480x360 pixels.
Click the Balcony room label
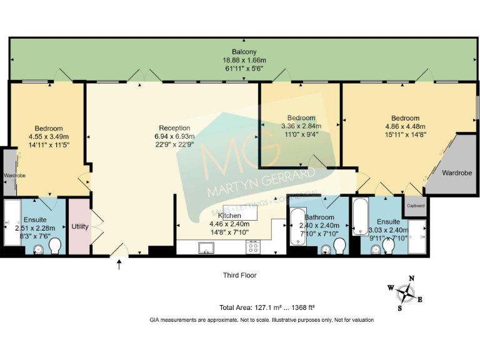tap(244, 51)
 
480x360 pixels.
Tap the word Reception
tap(174, 128)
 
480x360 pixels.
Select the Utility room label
tap(80, 226)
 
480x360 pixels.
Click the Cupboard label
tap(416, 206)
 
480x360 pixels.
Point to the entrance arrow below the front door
tap(119, 266)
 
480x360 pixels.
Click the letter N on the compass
tap(411, 279)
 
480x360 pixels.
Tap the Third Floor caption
tap(239, 275)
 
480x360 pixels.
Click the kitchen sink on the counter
tap(205, 247)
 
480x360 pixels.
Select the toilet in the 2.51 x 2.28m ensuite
tap(54, 246)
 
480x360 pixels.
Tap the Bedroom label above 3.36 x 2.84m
tap(300, 117)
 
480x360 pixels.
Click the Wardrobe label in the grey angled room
tap(457, 172)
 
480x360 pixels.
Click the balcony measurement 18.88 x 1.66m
tap(244, 60)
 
